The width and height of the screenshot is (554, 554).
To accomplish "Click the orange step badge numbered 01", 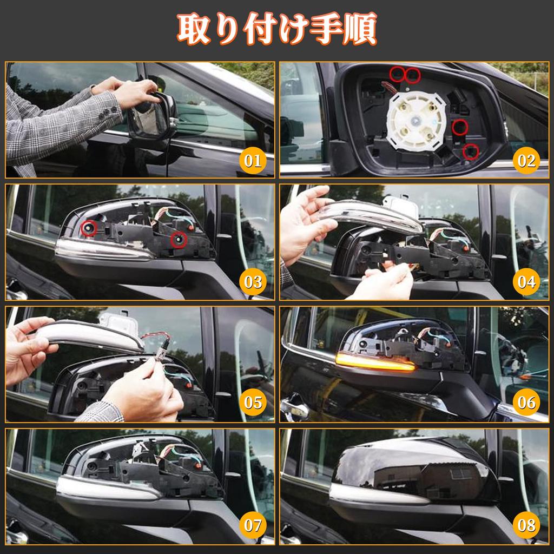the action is tap(253, 160).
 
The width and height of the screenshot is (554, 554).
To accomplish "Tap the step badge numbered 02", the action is tap(526, 160).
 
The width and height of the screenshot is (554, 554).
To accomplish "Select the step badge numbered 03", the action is tap(253, 281).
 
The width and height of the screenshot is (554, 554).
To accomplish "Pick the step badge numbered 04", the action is tap(526, 281).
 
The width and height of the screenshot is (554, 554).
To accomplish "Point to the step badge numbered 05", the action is tap(253, 403).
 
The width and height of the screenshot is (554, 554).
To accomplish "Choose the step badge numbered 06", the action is tap(526, 403).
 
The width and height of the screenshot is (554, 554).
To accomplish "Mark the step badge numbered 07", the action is tap(253, 525).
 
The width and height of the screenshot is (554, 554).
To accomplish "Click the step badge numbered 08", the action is tap(526, 525).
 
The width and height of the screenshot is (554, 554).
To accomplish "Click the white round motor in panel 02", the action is tap(415, 121).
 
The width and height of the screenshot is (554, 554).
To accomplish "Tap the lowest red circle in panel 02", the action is tap(471, 151).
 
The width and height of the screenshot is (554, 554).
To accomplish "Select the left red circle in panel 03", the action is tap(89, 229).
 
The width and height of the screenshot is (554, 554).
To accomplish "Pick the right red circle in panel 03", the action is tap(179, 240).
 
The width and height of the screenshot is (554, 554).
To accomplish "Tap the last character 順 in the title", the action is tap(359, 29).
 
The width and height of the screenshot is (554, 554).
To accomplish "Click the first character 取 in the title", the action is tap(194, 29).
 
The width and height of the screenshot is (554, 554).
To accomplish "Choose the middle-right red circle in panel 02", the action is tap(460, 128).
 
